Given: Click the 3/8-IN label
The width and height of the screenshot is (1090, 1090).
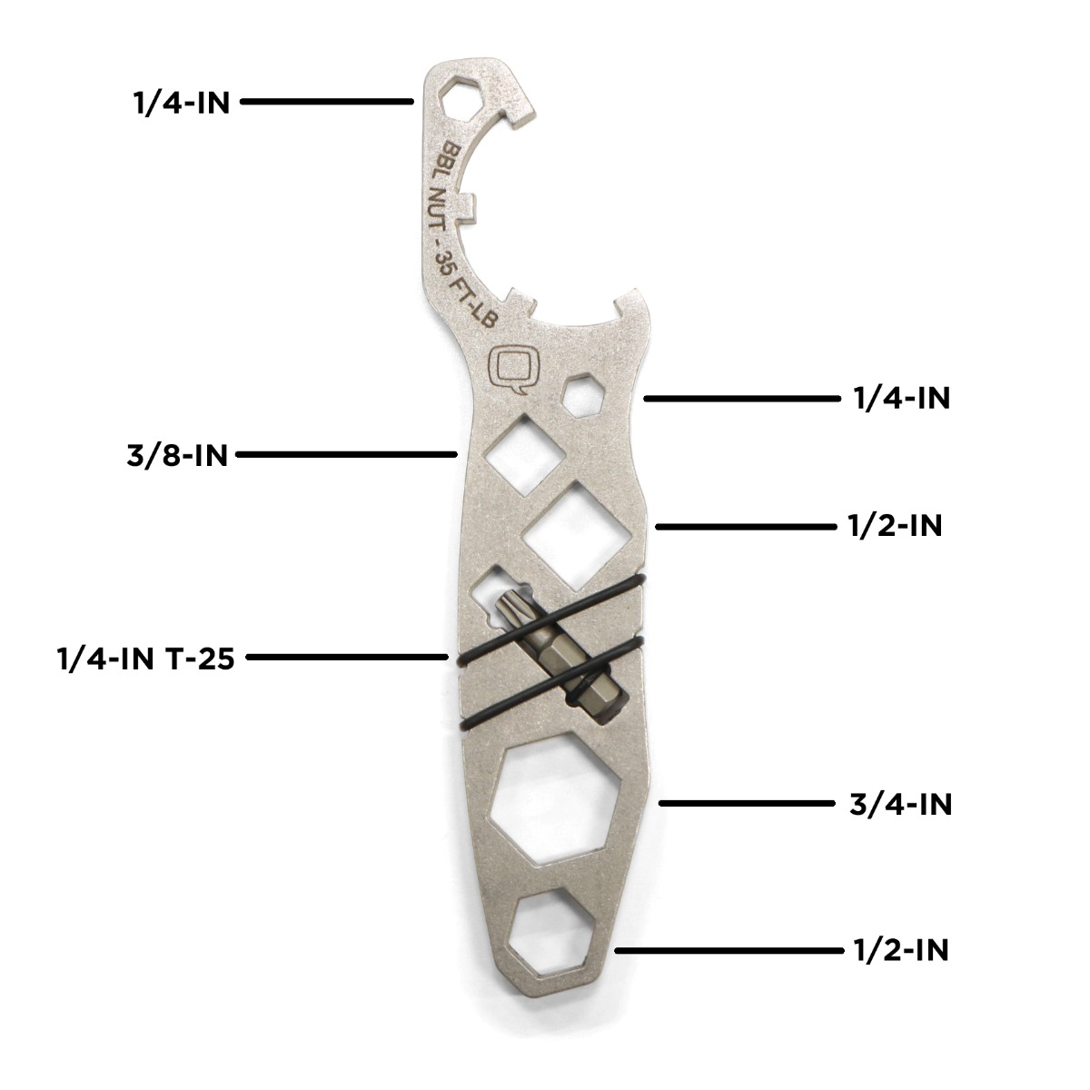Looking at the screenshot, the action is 177,455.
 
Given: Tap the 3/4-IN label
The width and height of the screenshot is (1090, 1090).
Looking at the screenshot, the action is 900,804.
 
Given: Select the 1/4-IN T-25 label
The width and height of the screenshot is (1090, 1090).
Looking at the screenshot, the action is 146,659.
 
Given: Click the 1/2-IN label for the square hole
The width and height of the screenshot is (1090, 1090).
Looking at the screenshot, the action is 895,526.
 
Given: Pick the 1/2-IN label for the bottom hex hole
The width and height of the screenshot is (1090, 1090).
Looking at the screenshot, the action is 901,950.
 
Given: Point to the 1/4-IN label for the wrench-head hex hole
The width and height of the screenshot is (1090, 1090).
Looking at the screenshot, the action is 182,103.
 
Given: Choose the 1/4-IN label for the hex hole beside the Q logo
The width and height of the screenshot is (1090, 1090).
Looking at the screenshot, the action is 902,398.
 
